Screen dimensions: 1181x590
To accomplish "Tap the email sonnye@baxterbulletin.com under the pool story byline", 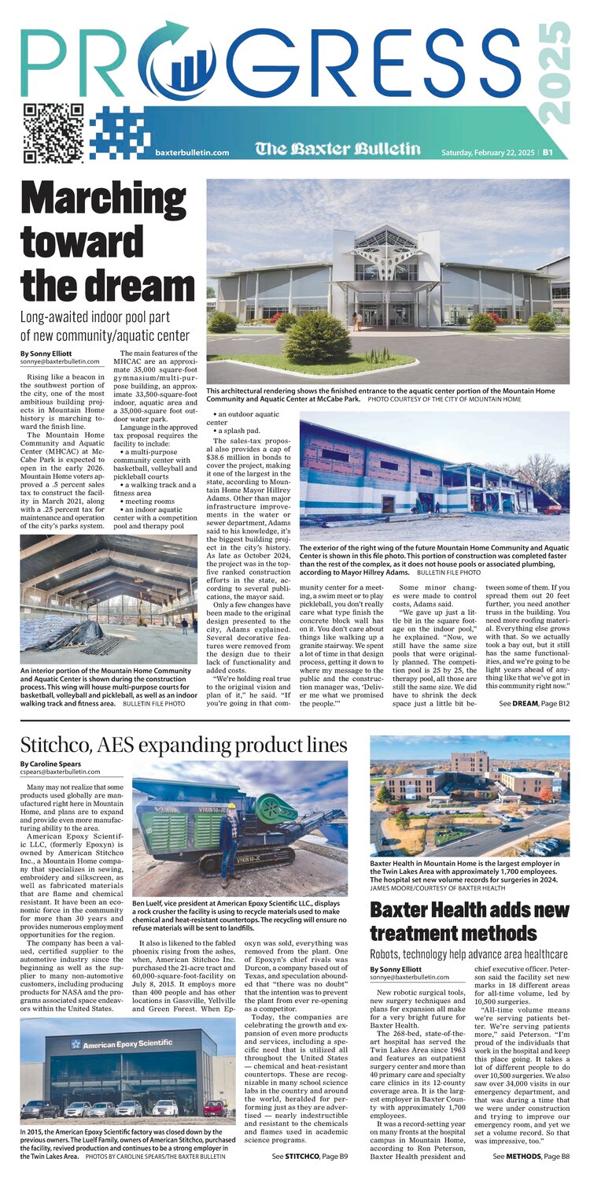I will click(60, 361).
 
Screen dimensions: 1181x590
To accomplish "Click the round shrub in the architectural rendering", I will click(317, 337).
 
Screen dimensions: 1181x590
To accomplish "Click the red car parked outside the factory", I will click(213, 1109).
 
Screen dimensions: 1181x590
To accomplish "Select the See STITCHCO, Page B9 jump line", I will click(310, 1156).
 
